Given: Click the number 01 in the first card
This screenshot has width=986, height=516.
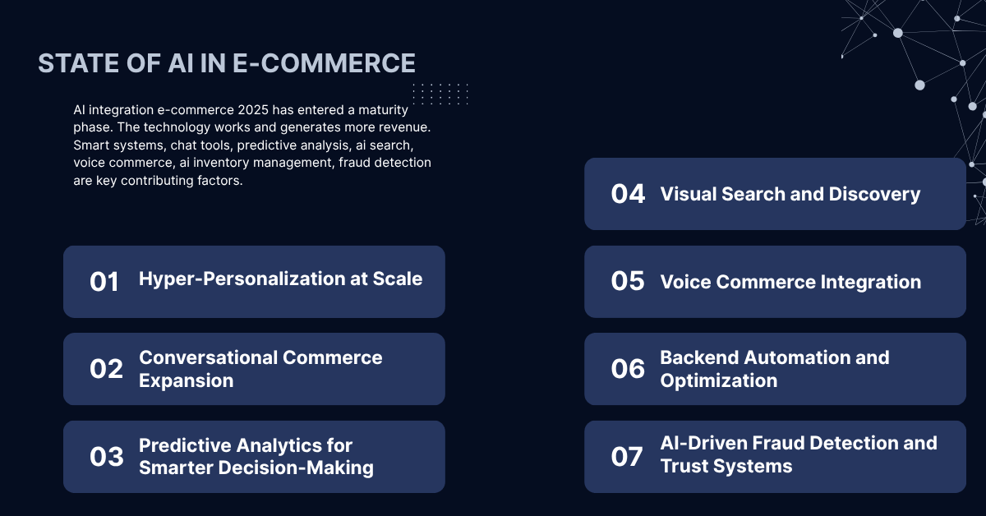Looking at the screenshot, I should (x=104, y=282).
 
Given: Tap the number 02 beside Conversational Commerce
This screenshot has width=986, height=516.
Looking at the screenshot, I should (x=106, y=369).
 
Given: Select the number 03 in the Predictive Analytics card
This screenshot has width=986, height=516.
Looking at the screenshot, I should (x=106, y=457).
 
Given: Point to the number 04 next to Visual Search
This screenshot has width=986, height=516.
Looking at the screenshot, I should (x=628, y=194).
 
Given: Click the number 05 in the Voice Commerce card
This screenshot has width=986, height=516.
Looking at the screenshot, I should (x=628, y=281).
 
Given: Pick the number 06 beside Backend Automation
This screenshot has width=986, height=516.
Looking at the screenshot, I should (x=628, y=369).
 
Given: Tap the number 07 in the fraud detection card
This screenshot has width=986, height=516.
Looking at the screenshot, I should (x=627, y=456).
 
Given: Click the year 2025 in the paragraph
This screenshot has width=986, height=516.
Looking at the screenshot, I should (x=274, y=110).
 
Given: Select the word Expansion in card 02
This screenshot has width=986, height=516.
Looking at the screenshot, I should (x=186, y=380).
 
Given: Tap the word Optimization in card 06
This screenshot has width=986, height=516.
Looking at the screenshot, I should (x=718, y=380).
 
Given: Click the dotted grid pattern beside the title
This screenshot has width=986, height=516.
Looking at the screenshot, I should (x=440, y=93).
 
